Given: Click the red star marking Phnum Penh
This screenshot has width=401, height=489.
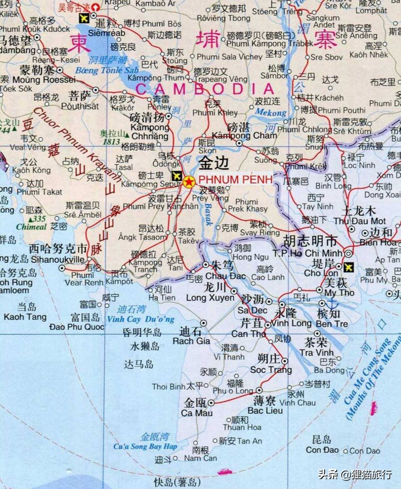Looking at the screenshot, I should click(x=189, y=182).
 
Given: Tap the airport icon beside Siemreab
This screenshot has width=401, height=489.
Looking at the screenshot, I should click(x=84, y=18).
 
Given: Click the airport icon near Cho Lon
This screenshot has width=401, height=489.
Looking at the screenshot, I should click(x=349, y=266).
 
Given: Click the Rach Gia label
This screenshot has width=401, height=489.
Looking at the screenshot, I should click(x=191, y=341).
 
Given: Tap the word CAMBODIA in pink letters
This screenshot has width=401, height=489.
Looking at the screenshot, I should click(x=205, y=89).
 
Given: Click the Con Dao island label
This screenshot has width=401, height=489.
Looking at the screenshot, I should click(x=320, y=450).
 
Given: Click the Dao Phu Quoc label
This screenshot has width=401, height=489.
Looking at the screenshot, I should click(x=77, y=327).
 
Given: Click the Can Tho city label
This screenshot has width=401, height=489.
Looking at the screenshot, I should click(x=248, y=334).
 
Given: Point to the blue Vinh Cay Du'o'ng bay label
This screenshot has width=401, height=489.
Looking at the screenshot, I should click(x=140, y=319).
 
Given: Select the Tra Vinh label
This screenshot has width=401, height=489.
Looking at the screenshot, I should click(x=313, y=352).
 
